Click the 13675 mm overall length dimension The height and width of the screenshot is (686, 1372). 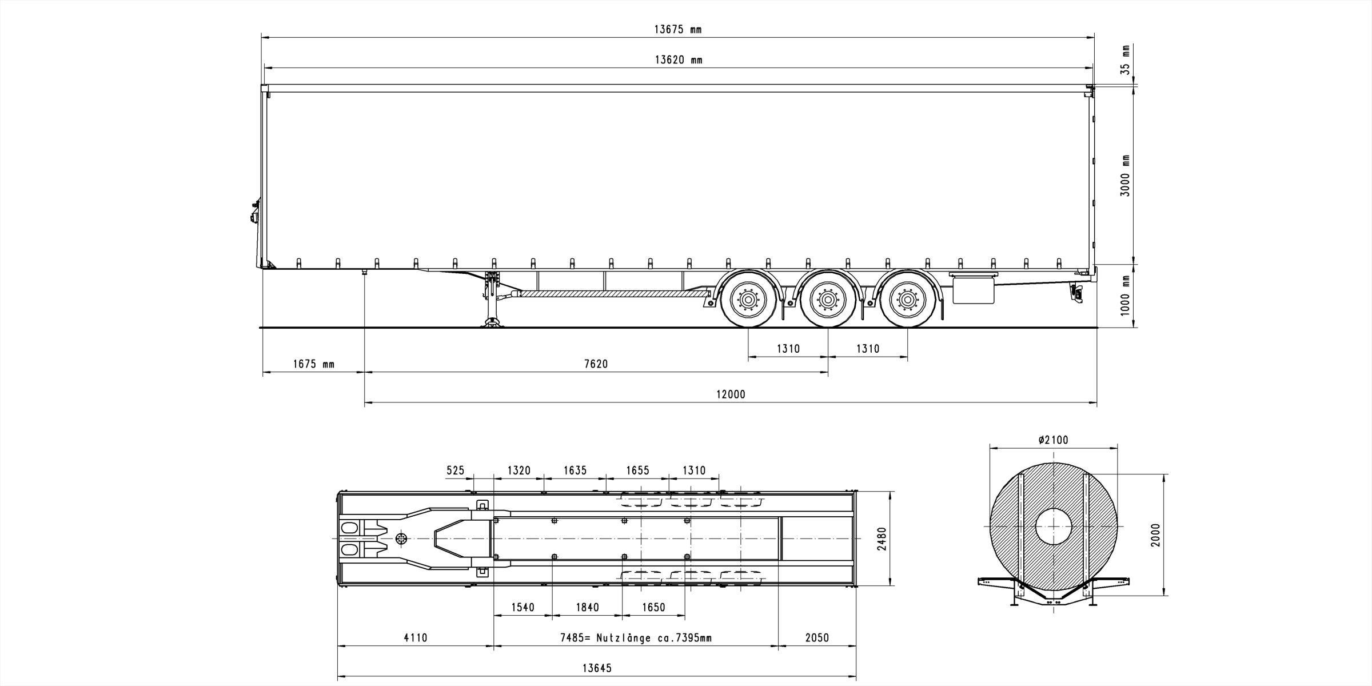pyautogui.click(x=677, y=30)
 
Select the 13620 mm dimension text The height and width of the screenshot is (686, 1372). pyautogui.click(x=679, y=60)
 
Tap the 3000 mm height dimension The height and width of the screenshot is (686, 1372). pyautogui.click(x=1126, y=176)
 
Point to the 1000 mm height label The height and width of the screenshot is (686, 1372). pyautogui.click(x=1126, y=296)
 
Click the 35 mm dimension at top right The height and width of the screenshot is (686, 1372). pyautogui.click(x=1126, y=60)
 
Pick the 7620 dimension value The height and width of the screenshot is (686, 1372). pyautogui.click(x=596, y=364)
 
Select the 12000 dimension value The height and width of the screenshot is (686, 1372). pyautogui.click(x=731, y=394)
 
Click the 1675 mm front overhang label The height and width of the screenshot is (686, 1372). pyautogui.click(x=314, y=364)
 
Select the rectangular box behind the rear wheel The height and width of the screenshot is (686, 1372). pyautogui.click(x=974, y=291)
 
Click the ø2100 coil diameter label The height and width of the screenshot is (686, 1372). pyautogui.click(x=1054, y=440)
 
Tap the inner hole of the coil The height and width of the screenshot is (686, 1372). pyautogui.click(x=1054, y=526)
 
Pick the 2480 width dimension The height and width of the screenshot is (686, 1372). pyautogui.click(x=882, y=539)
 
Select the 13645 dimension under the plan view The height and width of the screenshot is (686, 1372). pyautogui.click(x=597, y=668)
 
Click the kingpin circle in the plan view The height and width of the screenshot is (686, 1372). pyautogui.click(x=401, y=539)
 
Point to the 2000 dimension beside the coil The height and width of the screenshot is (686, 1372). pyautogui.click(x=1156, y=535)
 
